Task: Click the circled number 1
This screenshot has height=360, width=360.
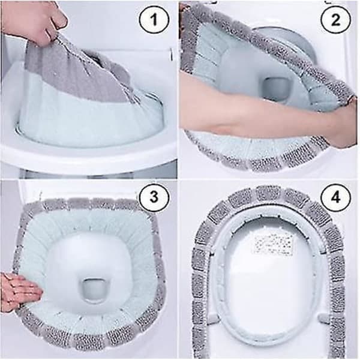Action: [154, 20]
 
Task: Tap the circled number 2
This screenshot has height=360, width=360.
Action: [335, 20]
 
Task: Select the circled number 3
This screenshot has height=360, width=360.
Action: [154, 197]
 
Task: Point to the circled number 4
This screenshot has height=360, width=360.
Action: [335, 197]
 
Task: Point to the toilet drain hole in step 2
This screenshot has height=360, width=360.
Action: [275, 89]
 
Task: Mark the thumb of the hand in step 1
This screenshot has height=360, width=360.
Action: [60, 17]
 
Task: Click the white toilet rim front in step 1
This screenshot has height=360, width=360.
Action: [87, 158]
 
